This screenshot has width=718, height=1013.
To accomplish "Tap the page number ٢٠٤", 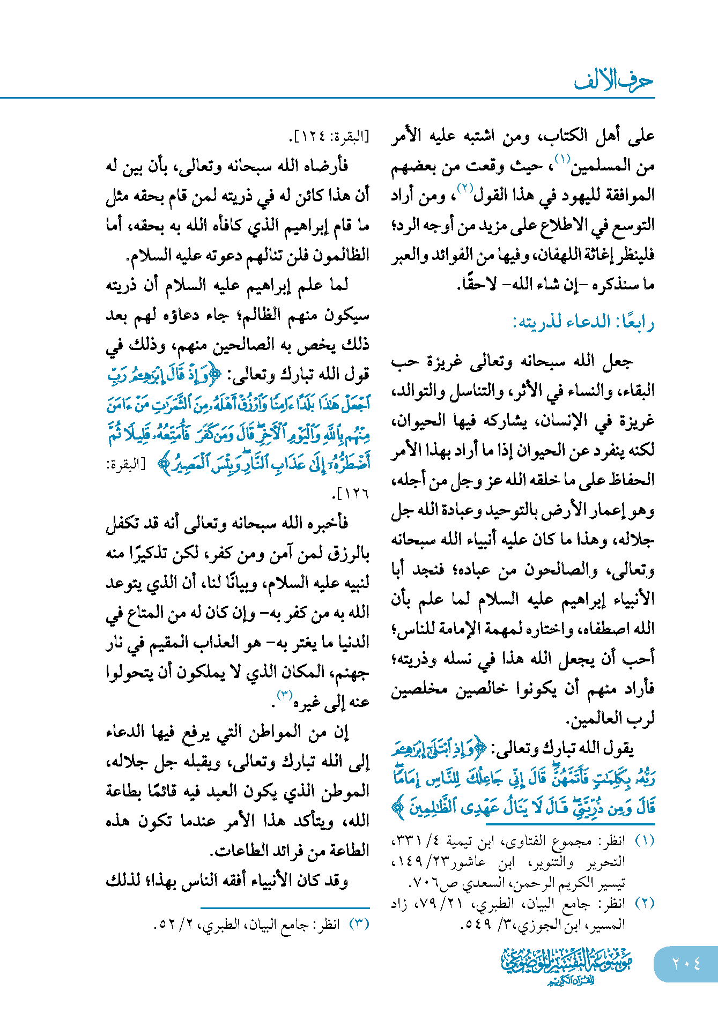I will click(686, 964).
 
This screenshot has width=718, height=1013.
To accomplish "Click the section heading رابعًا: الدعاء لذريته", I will click(583, 323).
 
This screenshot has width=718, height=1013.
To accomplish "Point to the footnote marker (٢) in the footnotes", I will click(644, 903).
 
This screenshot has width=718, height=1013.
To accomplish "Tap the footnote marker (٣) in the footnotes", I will click(359, 924).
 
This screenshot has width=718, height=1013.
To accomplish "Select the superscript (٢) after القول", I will click(464, 188).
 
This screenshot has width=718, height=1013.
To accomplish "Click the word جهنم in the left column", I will click(350, 672).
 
